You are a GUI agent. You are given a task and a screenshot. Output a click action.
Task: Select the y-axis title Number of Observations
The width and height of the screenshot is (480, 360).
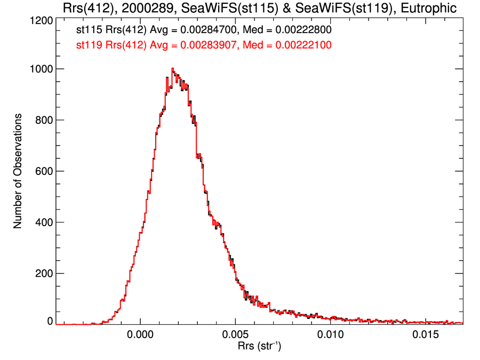pos(18,171)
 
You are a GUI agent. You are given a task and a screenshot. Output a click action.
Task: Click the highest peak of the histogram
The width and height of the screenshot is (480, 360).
pos(172,68)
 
